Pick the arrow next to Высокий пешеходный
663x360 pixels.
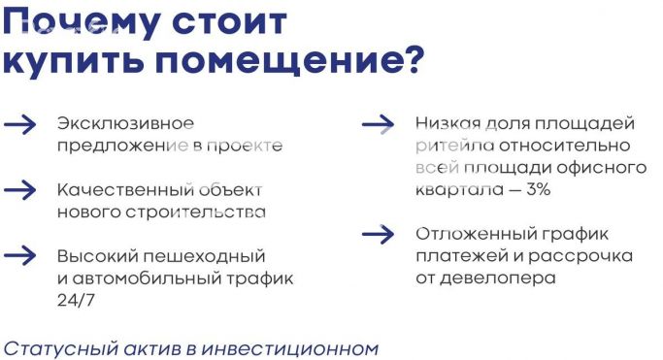pos(20,255)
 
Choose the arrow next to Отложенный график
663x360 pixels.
pos(378,234)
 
